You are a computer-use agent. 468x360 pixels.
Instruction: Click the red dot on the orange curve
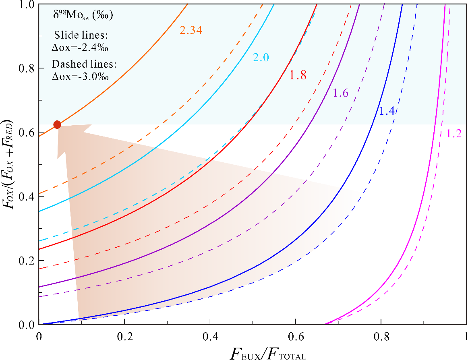[57, 125]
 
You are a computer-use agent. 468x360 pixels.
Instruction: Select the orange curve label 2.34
[191, 30]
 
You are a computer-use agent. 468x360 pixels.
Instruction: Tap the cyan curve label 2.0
[261, 58]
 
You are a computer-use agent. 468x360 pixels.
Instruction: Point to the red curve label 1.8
[298, 75]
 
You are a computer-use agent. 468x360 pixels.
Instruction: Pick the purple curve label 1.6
[340, 93]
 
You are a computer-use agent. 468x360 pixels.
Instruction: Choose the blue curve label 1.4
[387, 112]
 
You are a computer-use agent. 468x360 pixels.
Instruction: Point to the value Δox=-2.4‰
[81, 47]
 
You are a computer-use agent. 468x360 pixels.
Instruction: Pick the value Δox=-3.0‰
[81, 76]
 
